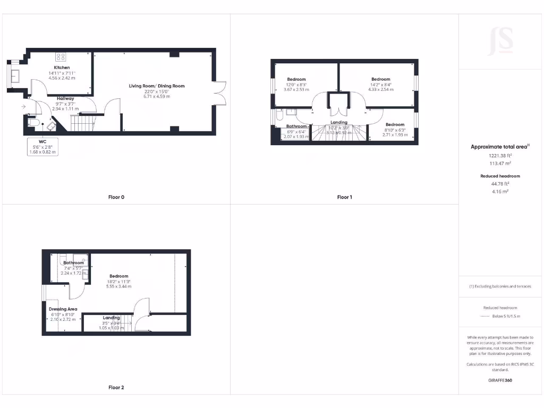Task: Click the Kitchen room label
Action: [x=62, y=68]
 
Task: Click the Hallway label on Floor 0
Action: [x=66, y=98]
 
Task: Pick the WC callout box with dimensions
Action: [x=42, y=147]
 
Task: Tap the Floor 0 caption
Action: [x=116, y=197]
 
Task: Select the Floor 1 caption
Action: [x=344, y=197]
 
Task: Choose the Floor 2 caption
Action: [x=116, y=387]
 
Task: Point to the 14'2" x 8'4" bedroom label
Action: [x=380, y=79]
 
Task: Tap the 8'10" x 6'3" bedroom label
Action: [x=395, y=125]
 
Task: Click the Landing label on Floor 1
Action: [x=339, y=123]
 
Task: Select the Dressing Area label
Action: [x=63, y=309]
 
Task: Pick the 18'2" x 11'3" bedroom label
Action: [x=119, y=276]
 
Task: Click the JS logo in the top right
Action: [x=500, y=41]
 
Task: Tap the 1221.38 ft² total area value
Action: [x=500, y=156]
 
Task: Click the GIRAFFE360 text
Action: [x=500, y=380]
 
